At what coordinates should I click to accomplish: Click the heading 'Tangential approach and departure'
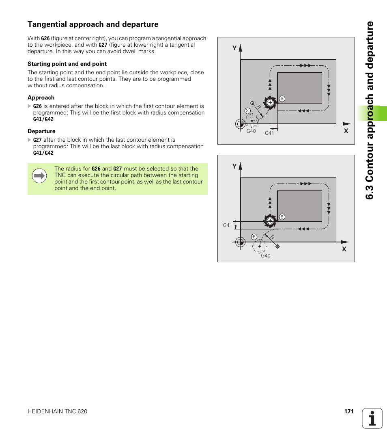coord(93,24)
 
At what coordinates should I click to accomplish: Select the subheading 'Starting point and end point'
coord(67,64)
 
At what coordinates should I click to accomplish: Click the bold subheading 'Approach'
coord(41,97)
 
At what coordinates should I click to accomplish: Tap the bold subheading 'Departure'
coord(41,131)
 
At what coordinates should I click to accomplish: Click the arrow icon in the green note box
coord(39,176)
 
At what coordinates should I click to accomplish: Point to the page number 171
coord(349,411)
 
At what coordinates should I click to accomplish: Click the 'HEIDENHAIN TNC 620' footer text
coord(57,411)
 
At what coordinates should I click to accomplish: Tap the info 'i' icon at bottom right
coord(372,418)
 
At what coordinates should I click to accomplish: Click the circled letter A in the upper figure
coord(282,99)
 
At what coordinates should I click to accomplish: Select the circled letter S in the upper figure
coord(247,111)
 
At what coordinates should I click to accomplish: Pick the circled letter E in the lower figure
coord(254,237)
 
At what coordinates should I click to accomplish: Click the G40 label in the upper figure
coord(251,131)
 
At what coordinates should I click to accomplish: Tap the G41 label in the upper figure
coord(269,133)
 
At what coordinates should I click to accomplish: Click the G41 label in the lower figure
coord(227,225)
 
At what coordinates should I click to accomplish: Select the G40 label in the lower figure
coord(265,256)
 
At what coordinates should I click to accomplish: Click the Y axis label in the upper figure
coord(234,48)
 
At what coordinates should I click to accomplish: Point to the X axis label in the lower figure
coord(344,249)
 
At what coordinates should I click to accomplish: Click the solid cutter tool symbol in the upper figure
coord(269,103)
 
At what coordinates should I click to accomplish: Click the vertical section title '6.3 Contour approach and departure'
coord(370,110)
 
